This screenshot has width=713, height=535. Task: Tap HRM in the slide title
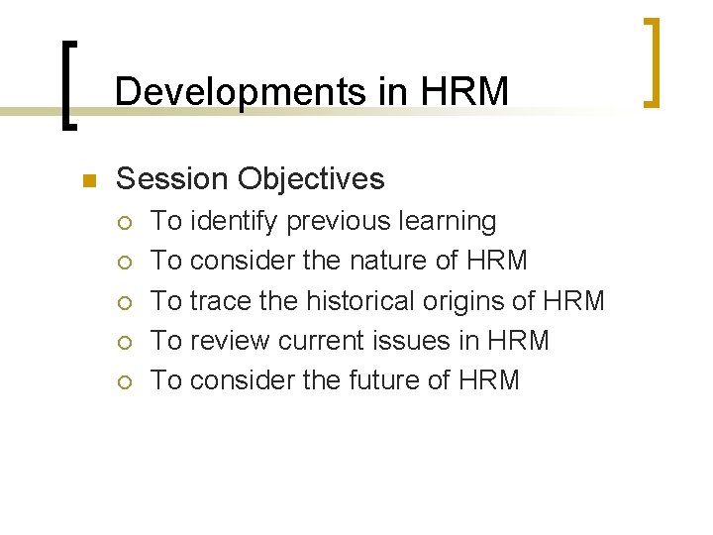[x=464, y=92]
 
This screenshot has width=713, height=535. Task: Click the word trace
[x=220, y=300]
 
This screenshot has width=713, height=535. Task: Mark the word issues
[x=415, y=341]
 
